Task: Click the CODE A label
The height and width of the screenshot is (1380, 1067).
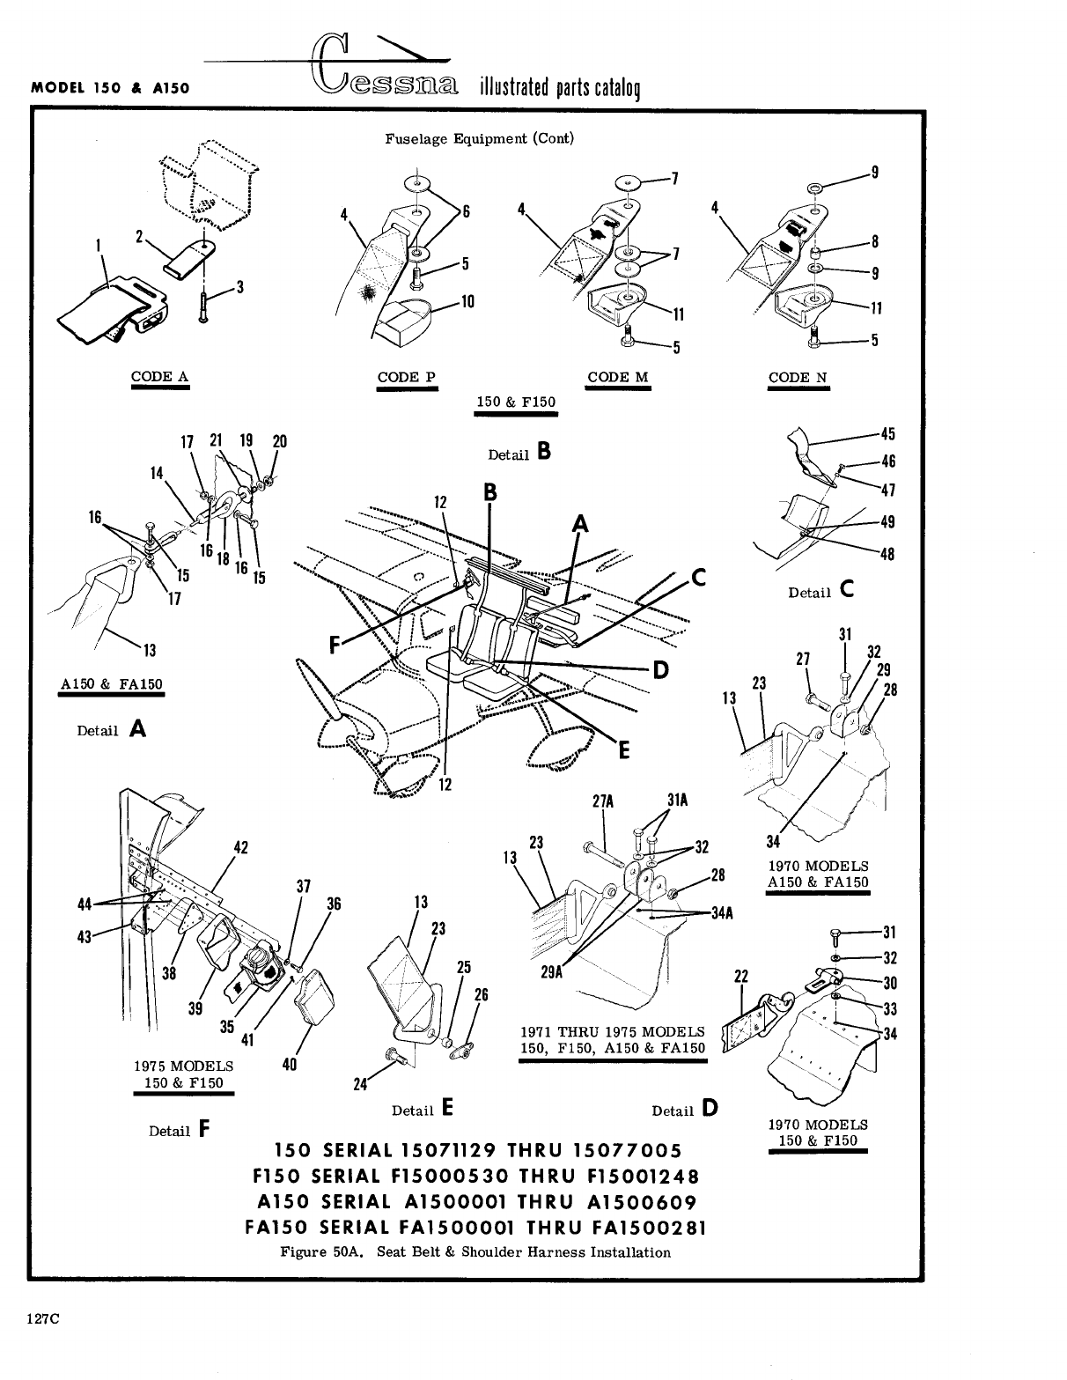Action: (159, 377)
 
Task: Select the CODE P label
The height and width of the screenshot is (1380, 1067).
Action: (406, 377)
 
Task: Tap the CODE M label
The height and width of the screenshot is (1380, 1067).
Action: (617, 377)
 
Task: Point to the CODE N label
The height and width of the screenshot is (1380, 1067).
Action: (798, 377)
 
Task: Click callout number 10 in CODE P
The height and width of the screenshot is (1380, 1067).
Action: (467, 302)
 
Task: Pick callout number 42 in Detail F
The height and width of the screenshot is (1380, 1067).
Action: (239, 848)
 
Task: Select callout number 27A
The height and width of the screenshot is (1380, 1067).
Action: (604, 802)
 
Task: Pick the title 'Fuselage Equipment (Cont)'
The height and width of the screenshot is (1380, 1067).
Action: (479, 138)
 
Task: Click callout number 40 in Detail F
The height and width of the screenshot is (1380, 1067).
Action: (289, 1064)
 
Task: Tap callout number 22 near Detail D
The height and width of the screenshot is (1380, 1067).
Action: (740, 975)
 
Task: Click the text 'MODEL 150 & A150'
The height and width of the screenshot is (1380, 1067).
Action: (112, 88)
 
